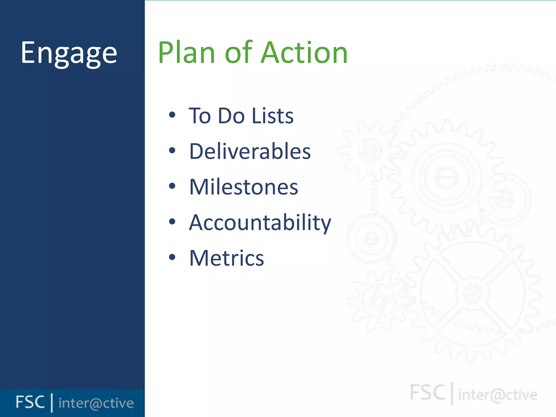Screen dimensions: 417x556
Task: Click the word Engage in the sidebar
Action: pyautogui.click(x=69, y=53)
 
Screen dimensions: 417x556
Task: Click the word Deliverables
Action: pyautogui.click(x=250, y=151)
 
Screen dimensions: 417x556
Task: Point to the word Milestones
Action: pyautogui.click(x=244, y=187)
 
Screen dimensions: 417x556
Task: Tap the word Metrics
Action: pyautogui.click(x=226, y=258)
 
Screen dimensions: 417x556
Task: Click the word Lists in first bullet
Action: pyautogui.click(x=273, y=116)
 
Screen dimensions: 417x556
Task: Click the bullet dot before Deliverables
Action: pyautogui.click(x=172, y=150)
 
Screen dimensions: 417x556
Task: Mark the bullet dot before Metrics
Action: pyautogui.click(x=172, y=257)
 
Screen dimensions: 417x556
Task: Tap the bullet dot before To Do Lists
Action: pyautogui.click(x=172, y=115)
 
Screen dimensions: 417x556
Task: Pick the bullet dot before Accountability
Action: pyautogui.click(x=172, y=222)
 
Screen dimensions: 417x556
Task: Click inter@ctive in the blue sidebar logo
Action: pyautogui.click(x=96, y=403)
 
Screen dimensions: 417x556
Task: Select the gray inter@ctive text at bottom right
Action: pyautogui.click(x=498, y=395)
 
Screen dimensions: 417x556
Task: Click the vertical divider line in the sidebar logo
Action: pyautogui.click(x=52, y=403)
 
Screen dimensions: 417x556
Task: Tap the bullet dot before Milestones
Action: pyautogui.click(x=172, y=186)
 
